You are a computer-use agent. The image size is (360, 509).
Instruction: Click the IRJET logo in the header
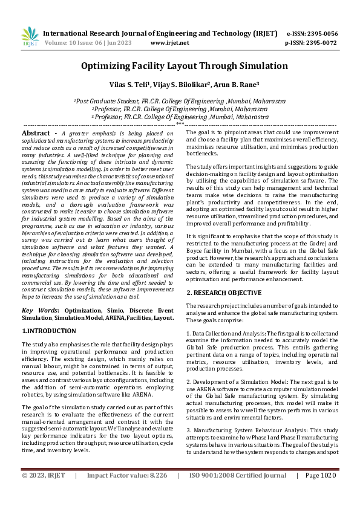tap(30, 38)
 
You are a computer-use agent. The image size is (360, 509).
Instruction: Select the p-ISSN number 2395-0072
tap(319, 44)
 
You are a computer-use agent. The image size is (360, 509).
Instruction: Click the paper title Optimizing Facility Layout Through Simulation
tap(180, 68)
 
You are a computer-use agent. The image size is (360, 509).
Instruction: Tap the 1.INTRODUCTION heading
tap(49, 331)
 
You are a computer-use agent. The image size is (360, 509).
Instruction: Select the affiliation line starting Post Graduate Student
tap(180, 102)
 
